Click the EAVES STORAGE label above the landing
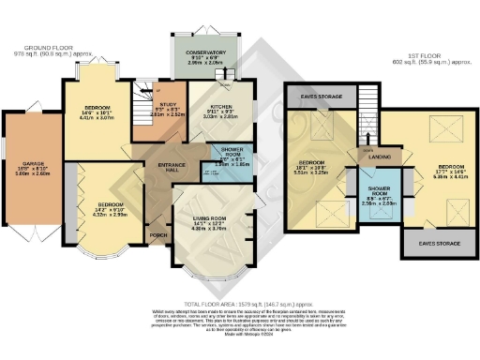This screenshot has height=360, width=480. pos(319,95)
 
